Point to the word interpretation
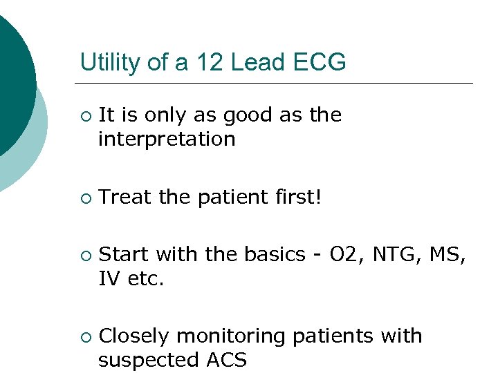point(167,140)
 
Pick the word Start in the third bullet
point(124,255)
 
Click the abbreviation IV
point(108,278)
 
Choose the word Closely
point(135,336)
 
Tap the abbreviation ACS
point(225,361)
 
